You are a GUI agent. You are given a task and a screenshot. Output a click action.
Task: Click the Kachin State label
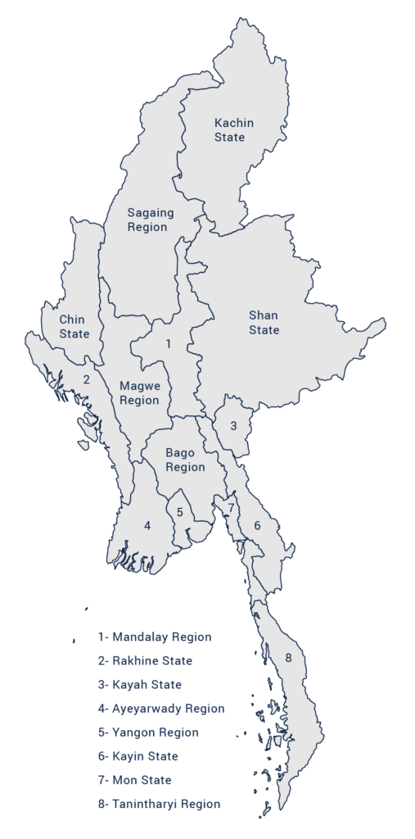234,130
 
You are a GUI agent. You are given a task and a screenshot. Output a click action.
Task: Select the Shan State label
264,323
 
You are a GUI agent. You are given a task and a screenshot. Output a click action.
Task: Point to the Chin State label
74,326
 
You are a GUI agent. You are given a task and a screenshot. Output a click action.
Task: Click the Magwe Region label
139,392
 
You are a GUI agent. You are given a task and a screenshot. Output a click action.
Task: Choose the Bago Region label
185,460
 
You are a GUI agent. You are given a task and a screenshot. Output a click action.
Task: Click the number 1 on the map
168,343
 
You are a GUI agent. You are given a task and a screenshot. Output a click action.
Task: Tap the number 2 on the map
86,379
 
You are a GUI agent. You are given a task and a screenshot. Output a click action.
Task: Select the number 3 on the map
233,425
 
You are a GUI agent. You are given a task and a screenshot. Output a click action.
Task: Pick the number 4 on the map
147,525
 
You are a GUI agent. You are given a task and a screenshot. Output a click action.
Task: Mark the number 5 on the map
180,512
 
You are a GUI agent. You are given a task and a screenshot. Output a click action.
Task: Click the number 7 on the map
232,508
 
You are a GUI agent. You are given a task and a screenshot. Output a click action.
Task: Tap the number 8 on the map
288,657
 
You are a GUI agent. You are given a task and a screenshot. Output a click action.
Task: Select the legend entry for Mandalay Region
155,637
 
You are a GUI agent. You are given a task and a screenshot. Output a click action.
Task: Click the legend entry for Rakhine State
145,660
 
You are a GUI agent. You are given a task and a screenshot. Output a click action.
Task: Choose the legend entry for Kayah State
139,684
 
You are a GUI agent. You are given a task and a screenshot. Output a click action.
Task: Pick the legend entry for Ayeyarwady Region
161,708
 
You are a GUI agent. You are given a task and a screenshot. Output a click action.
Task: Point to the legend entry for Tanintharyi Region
159,804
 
